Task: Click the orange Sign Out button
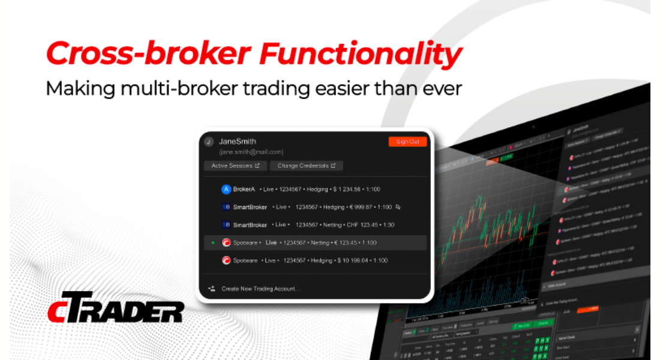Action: pyautogui.click(x=407, y=142)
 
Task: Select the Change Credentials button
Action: pyautogui.click(x=306, y=166)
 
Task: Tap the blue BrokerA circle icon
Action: pyautogui.click(x=226, y=189)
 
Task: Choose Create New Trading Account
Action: pyautogui.click(x=260, y=289)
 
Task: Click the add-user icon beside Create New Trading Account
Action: pyautogui.click(x=211, y=289)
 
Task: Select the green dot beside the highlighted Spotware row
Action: pyautogui.click(x=213, y=242)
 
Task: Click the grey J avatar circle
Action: pyautogui.click(x=209, y=142)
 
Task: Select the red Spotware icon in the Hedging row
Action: pyautogui.click(x=226, y=260)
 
